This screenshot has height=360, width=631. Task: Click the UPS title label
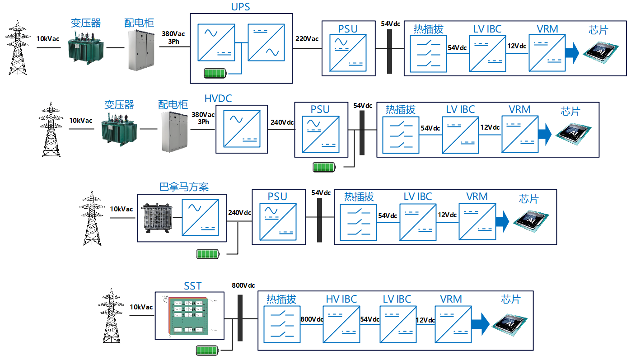pyautogui.click(x=240, y=7)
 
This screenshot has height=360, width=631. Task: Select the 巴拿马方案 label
pyautogui.click(x=184, y=187)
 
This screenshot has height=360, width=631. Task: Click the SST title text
pyautogui.click(x=193, y=286)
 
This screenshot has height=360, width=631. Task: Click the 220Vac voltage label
pyautogui.click(x=307, y=39)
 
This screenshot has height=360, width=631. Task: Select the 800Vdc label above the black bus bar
pyautogui.click(x=243, y=285)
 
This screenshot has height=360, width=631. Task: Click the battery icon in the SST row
pyautogui.click(x=208, y=350)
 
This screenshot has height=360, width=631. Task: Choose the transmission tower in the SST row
pyautogui.click(x=111, y=316)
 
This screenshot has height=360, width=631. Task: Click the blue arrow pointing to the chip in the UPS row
pyautogui.click(x=572, y=52)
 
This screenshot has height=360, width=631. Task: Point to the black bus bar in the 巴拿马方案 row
pyautogui.click(x=320, y=220)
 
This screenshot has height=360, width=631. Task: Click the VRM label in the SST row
pyautogui.click(x=451, y=299)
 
